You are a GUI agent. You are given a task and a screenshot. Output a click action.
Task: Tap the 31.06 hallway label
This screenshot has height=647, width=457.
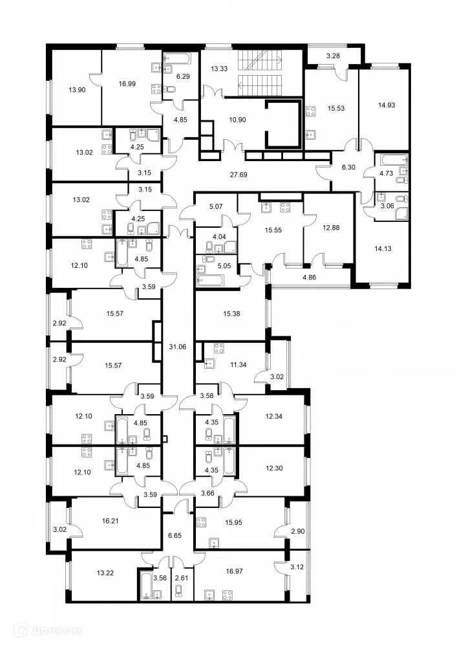[x=177, y=347]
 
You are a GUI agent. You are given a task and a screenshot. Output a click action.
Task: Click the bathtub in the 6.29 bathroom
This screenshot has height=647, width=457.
[x=175, y=59]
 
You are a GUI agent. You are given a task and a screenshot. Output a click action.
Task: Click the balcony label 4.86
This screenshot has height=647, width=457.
[x=310, y=278]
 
